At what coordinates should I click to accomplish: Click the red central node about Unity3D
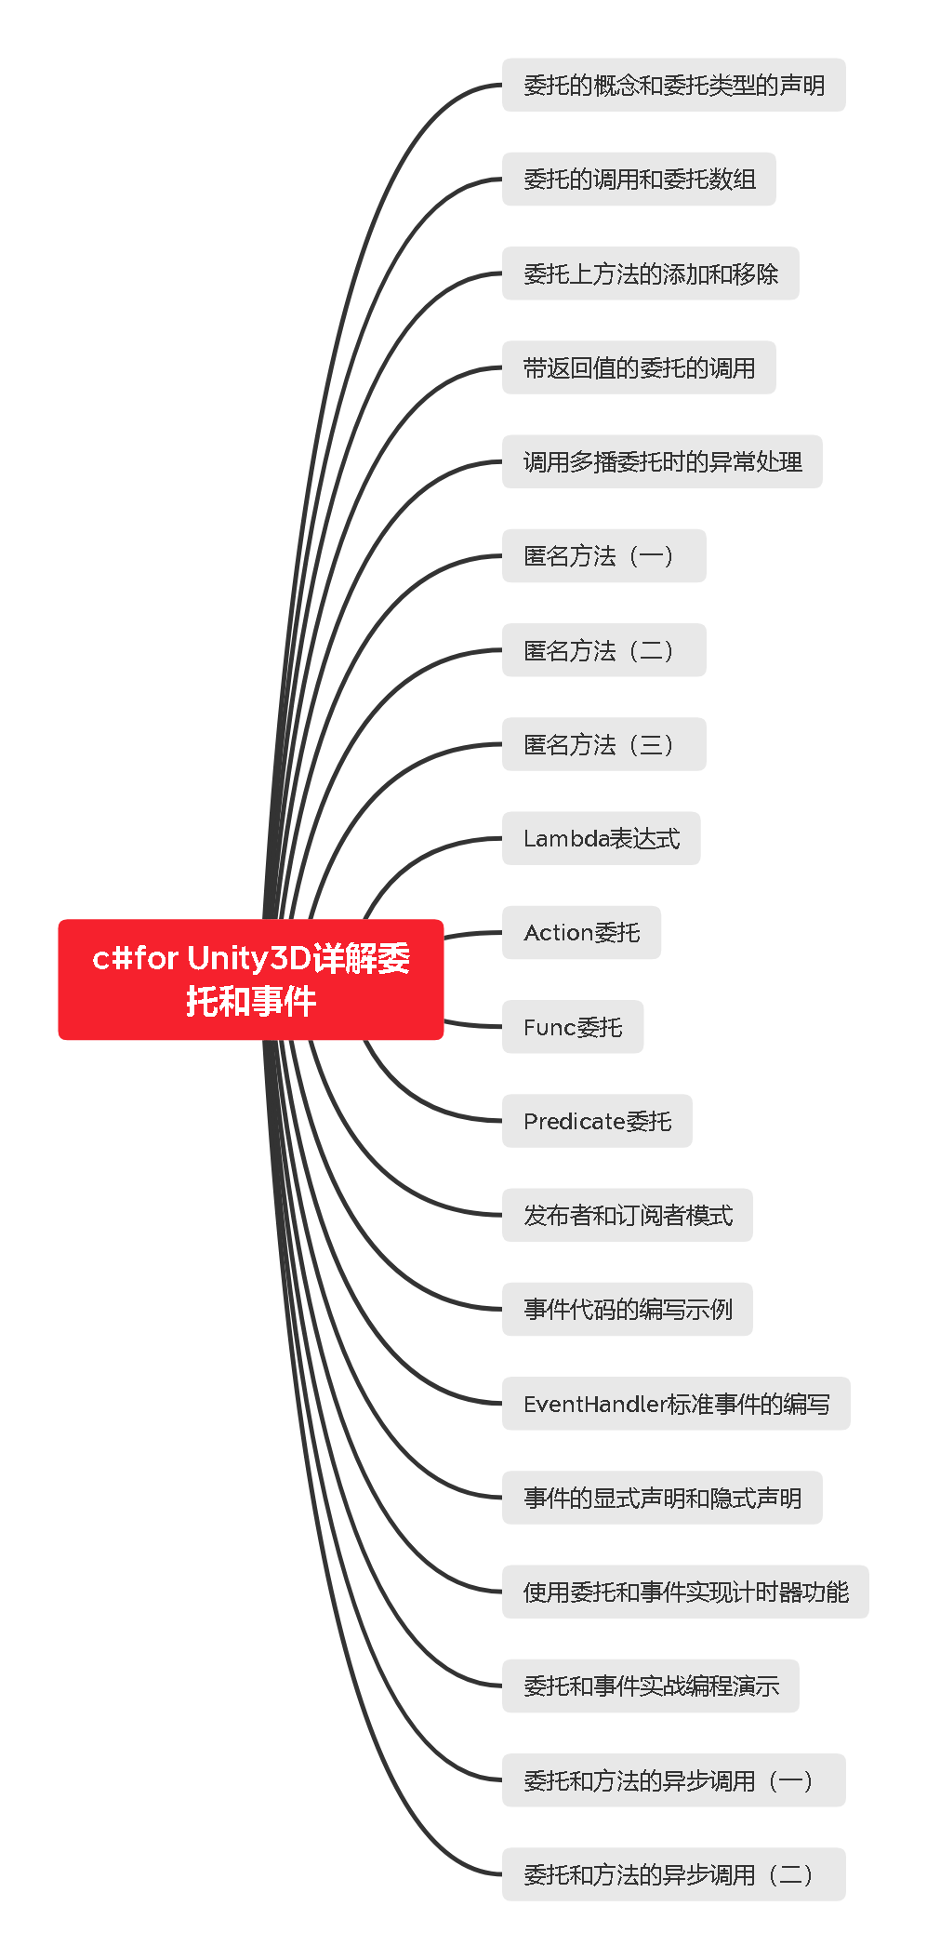(250, 979)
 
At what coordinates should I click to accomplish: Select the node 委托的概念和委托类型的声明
(673, 86)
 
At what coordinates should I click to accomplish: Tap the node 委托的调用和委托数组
(639, 180)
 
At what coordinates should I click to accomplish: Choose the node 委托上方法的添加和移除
(650, 273)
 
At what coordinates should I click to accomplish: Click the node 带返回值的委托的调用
(639, 368)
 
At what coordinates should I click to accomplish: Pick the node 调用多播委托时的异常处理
(662, 462)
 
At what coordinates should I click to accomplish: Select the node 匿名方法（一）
(603, 556)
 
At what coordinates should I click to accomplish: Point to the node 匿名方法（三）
(603, 744)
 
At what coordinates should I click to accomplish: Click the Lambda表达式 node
(601, 839)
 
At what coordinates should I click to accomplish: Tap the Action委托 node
(581, 933)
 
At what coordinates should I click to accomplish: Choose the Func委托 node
(573, 1027)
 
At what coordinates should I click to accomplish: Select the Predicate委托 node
(597, 1121)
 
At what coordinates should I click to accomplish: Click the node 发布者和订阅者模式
(627, 1216)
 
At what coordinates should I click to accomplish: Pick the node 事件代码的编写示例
(627, 1310)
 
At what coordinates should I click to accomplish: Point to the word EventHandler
(595, 1404)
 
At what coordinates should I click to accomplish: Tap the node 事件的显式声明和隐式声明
(662, 1498)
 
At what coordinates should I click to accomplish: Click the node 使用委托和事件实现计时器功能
(685, 1593)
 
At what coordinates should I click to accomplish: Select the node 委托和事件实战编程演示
(650, 1686)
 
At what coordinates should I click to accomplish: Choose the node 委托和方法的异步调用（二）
(673, 1874)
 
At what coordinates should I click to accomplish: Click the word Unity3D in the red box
(249, 958)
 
